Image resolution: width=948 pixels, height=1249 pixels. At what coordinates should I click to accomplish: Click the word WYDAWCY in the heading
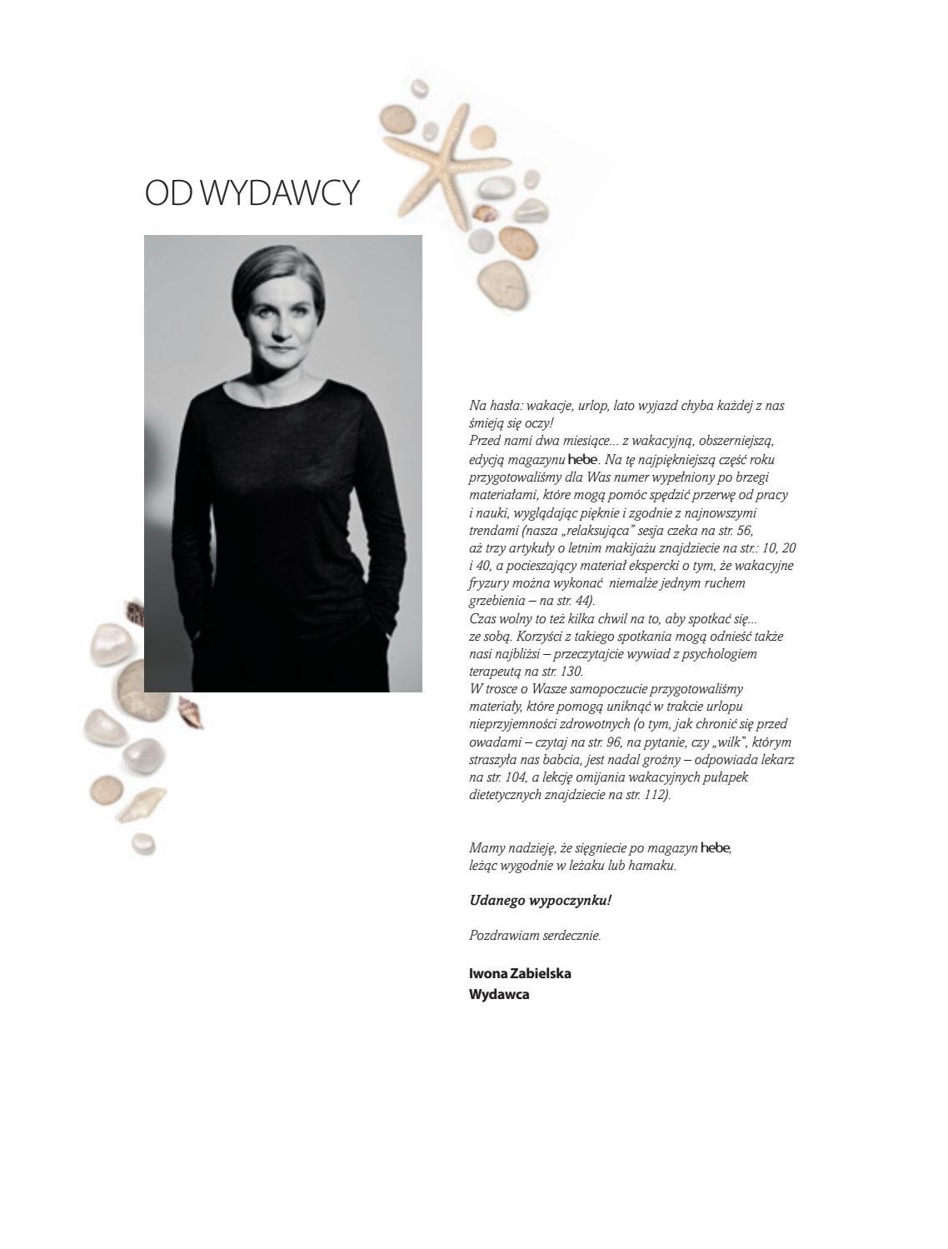pyautogui.click(x=281, y=192)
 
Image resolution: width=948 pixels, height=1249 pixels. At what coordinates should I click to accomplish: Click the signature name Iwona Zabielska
pyautogui.click(x=520, y=973)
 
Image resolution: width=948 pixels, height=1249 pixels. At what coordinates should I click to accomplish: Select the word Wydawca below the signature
pyautogui.click(x=499, y=994)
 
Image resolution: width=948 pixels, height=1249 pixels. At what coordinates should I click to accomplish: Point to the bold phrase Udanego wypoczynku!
pyautogui.click(x=540, y=900)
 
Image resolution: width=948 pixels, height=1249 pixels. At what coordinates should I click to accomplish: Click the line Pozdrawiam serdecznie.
pyautogui.click(x=535, y=935)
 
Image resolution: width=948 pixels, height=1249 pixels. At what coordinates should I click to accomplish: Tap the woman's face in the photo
pyautogui.click(x=282, y=313)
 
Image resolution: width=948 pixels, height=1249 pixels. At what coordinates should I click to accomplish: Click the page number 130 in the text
pyautogui.click(x=571, y=671)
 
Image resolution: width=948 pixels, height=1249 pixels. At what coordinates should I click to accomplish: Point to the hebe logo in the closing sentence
pyautogui.click(x=716, y=848)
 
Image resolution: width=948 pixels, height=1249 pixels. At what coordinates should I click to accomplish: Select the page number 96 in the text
pyautogui.click(x=583, y=742)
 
